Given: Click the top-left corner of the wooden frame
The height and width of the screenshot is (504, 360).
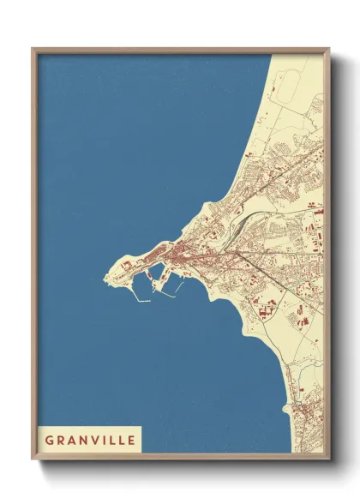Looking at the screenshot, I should (33, 49).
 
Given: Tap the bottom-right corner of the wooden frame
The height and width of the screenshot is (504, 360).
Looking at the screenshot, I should (328, 459).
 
